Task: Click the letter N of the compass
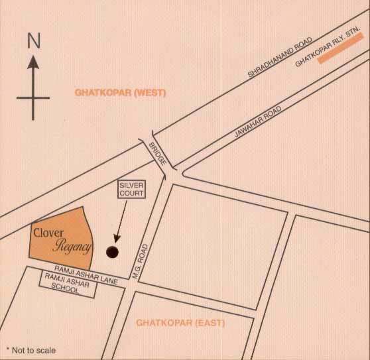tap(33, 41)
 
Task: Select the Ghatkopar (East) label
tap(180, 323)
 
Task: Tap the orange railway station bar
tap(340, 48)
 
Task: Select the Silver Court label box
tap(132, 189)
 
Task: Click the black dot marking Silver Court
tap(112, 251)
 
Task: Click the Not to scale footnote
tap(31, 350)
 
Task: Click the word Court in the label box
tap(132, 194)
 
